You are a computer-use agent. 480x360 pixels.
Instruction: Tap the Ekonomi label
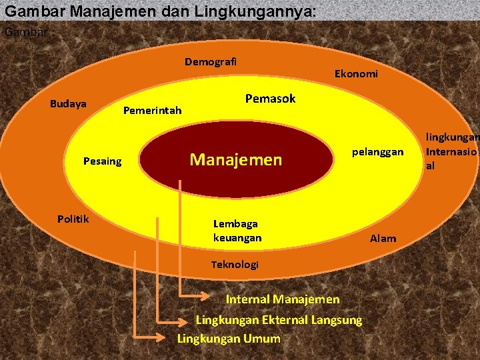coord(355,74)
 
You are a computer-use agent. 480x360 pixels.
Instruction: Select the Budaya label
coord(68,104)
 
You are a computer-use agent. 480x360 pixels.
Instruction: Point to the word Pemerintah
coord(152,110)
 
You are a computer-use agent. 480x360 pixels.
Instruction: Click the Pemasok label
coord(270,99)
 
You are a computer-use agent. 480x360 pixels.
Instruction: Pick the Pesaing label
coord(102,161)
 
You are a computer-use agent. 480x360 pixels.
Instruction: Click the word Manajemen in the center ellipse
coord(236,159)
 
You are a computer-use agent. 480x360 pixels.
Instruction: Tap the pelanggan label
coord(377,152)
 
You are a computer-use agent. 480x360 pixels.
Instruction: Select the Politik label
coord(73,219)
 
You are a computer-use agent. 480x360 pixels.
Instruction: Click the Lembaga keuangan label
coord(237,231)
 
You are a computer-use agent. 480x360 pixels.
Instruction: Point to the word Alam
coord(383,238)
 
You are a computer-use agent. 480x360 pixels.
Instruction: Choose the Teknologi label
coord(235,265)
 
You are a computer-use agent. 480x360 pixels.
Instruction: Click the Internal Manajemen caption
coord(283,299)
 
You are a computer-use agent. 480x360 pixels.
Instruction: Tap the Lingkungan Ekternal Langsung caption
coord(279,320)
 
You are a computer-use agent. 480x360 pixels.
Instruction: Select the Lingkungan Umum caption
coord(229,339)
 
